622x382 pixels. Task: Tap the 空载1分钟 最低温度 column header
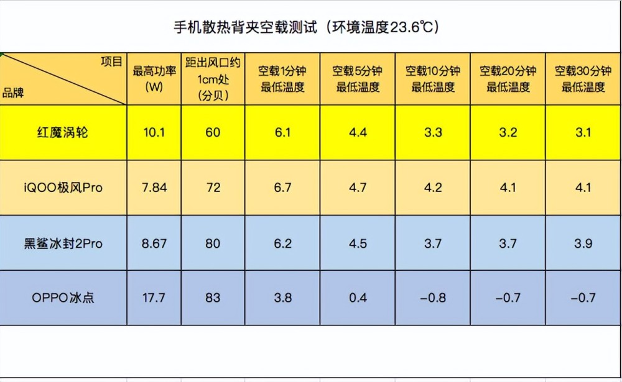pos(282,79)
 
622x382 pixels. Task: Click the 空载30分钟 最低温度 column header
pos(583,79)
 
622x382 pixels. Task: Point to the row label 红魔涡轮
pos(63,133)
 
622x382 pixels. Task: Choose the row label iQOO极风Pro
pos(63,188)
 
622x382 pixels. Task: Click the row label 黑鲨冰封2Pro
pos(63,243)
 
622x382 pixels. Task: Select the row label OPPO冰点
pos(63,298)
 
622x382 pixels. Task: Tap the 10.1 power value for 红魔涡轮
pos(154,133)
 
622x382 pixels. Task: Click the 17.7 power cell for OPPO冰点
pos(154,298)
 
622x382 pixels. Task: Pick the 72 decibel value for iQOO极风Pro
pos(213,188)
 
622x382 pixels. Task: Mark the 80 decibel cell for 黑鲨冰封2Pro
pos(213,243)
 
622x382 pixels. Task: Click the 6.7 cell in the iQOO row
pos(282,188)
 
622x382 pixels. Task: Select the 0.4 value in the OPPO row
pos(358,298)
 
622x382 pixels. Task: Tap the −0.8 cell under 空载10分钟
pos(432,298)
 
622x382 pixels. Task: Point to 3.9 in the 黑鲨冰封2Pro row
pos(583,243)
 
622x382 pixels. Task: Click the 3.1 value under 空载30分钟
pos(583,133)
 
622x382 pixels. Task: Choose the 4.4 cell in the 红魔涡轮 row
pos(358,133)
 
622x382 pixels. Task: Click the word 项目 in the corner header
pos(112,61)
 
